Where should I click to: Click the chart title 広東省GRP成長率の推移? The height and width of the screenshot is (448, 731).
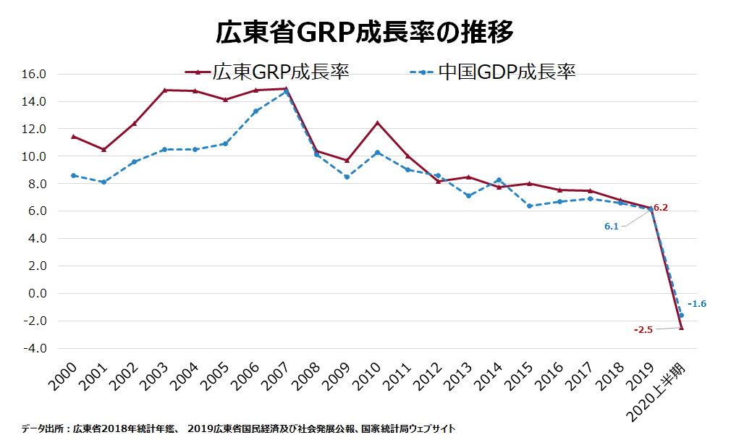(365, 33)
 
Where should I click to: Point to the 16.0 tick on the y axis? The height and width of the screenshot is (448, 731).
(35, 74)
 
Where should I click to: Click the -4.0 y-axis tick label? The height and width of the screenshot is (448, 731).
(35, 348)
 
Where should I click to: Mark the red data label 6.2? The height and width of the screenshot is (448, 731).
(660, 208)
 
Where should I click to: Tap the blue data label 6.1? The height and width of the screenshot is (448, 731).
(612, 227)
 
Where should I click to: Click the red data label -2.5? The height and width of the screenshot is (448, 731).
(643, 330)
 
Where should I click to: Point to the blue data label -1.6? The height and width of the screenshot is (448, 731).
(697, 304)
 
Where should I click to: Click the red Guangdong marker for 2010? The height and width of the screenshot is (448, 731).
(377, 122)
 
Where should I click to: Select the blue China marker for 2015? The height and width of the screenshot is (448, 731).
(529, 206)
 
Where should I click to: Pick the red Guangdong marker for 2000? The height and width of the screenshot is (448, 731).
(73, 136)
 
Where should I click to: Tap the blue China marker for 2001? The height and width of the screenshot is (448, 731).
(103, 182)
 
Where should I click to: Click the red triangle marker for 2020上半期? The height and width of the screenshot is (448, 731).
(681, 327)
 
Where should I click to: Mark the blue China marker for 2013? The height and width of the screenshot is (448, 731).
(468, 196)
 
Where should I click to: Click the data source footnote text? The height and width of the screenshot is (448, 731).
(238, 428)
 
